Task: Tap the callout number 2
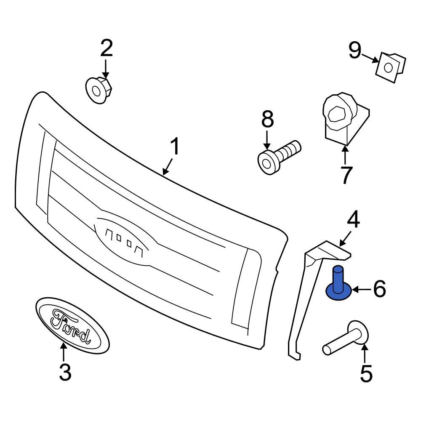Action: click(x=106, y=49)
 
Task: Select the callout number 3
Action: click(x=64, y=372)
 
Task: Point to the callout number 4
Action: click(x=353, y=220)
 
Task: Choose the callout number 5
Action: click(x=366, y=373)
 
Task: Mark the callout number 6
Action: click(x=379, y=289)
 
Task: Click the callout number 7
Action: click(x=346, y=175)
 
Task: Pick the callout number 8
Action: click(x=267, y=120)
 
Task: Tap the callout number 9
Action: click(x=354, y=51)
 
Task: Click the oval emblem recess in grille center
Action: click(x=126, y=240)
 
